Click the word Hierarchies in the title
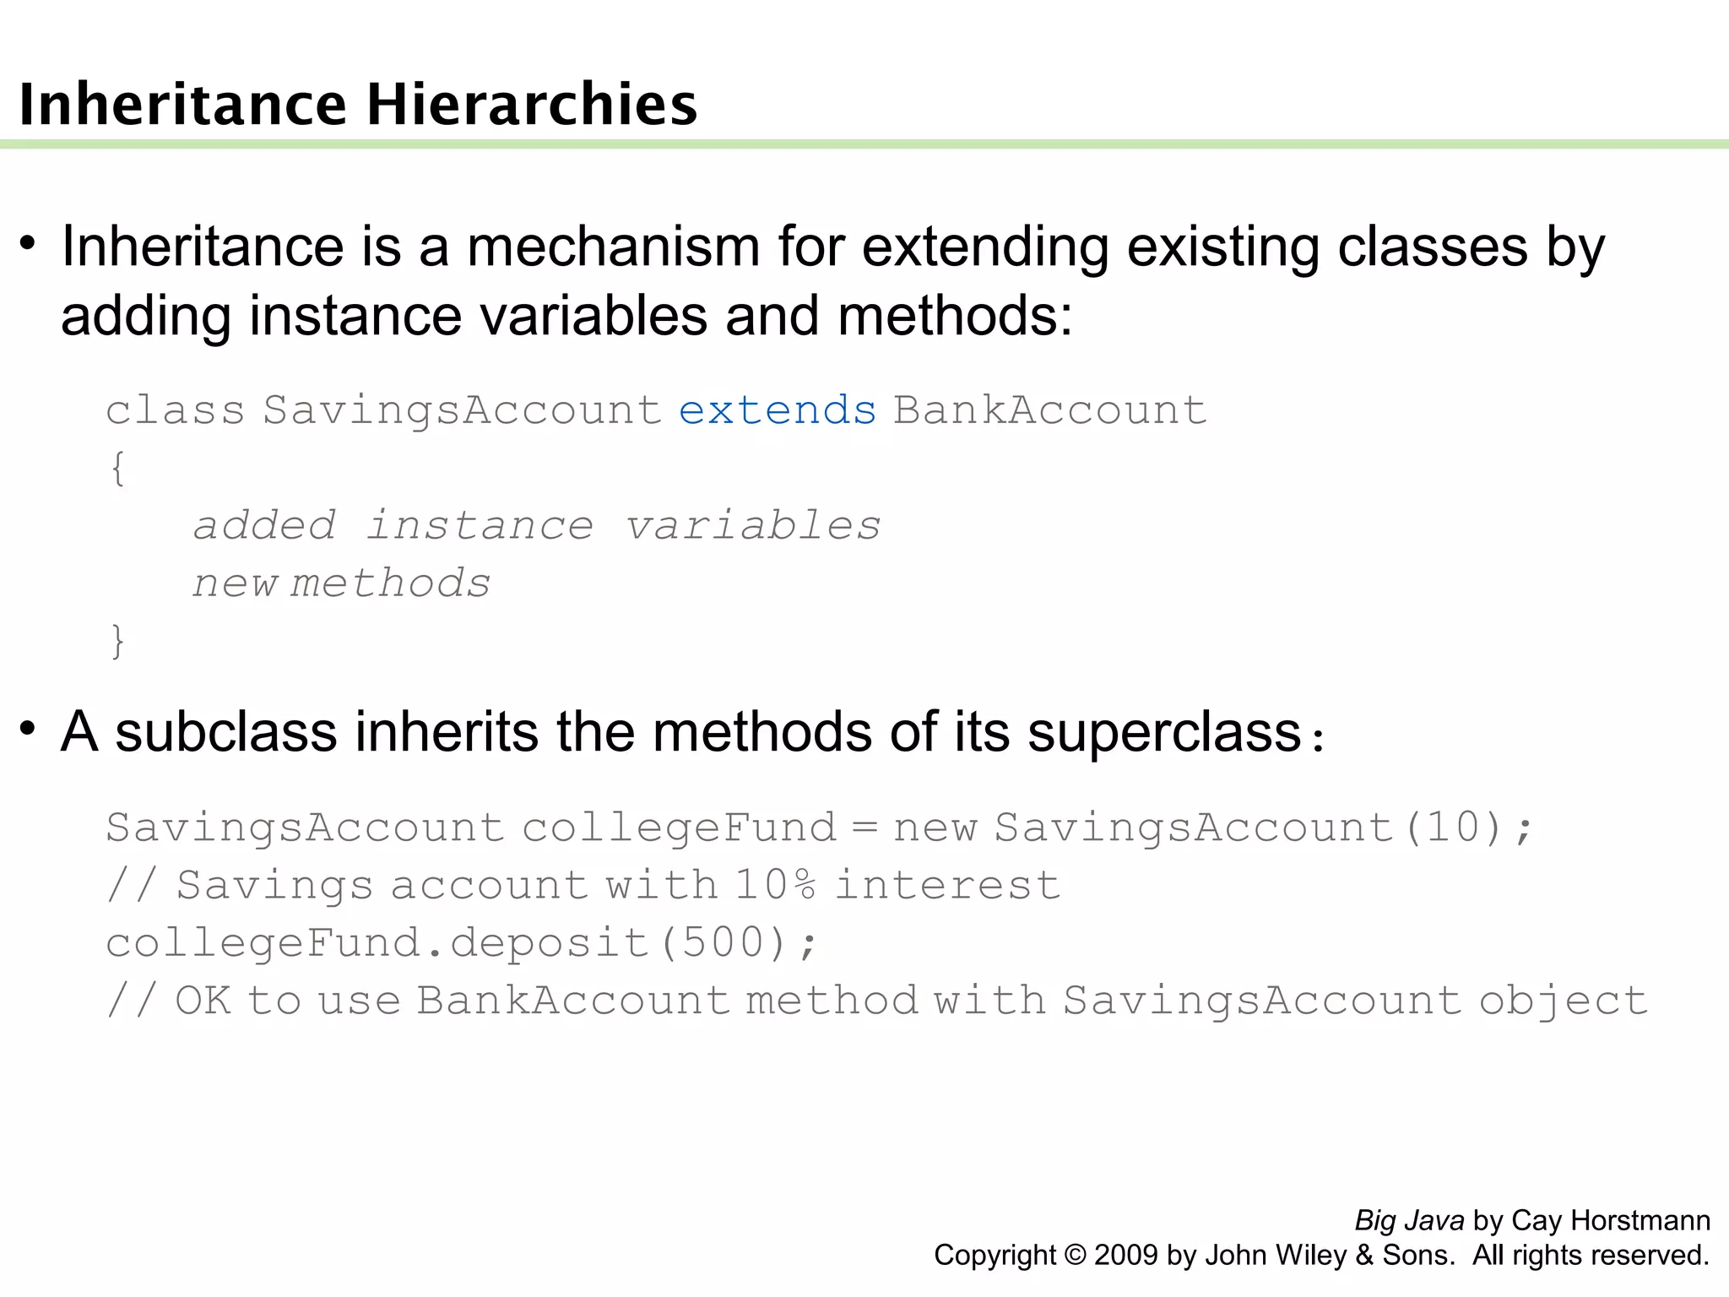pos(532,105)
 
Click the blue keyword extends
pos(778,410)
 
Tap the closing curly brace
pos(118,641)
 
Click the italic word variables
pos(753,525)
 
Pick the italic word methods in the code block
pos(390,583)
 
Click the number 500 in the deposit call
pos(723,942)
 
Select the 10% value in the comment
pos(775,885)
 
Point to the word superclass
pos(1164,731)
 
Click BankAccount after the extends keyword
pos(1050,410)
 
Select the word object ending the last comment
pos(1563,1001)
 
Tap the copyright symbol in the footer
pos(1075,1255)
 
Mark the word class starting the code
pos(175,410)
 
